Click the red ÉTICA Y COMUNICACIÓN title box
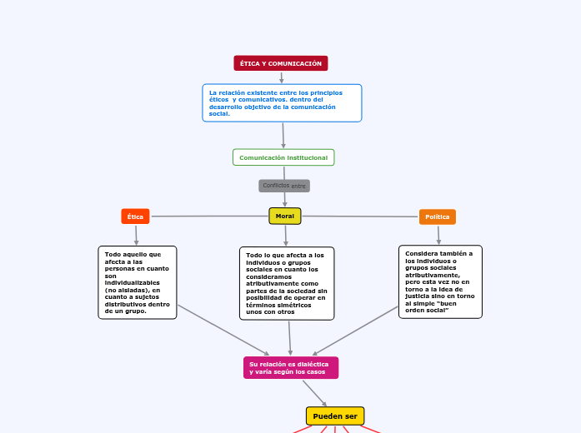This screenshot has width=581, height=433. coord(281,63)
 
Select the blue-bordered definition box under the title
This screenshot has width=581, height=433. coord(282,102)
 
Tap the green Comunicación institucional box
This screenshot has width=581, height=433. coord(283,157)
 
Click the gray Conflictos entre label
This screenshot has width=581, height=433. coord(284,186)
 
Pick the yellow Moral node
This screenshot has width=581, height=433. coord(285,216)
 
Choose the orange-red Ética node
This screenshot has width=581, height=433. coord(135,216)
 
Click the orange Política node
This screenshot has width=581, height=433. coord(438,216)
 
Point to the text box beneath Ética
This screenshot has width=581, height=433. coord(138,282)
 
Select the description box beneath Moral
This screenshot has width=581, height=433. coord(287,283)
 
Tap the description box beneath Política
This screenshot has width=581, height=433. coord(440,281)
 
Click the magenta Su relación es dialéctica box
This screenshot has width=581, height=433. coord(291,367)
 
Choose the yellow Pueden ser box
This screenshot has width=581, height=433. coord(335,416)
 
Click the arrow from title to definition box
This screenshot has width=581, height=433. coord(282,77)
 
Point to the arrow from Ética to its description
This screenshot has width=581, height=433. coord(136,235)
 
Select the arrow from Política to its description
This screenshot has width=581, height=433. coord(438,235)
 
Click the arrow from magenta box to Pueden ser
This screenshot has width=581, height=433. coord(315,393)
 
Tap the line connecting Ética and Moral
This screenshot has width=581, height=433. coord(208,216)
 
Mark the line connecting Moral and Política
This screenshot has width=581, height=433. coord(358,216)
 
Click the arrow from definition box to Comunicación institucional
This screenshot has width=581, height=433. coord(283,136)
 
